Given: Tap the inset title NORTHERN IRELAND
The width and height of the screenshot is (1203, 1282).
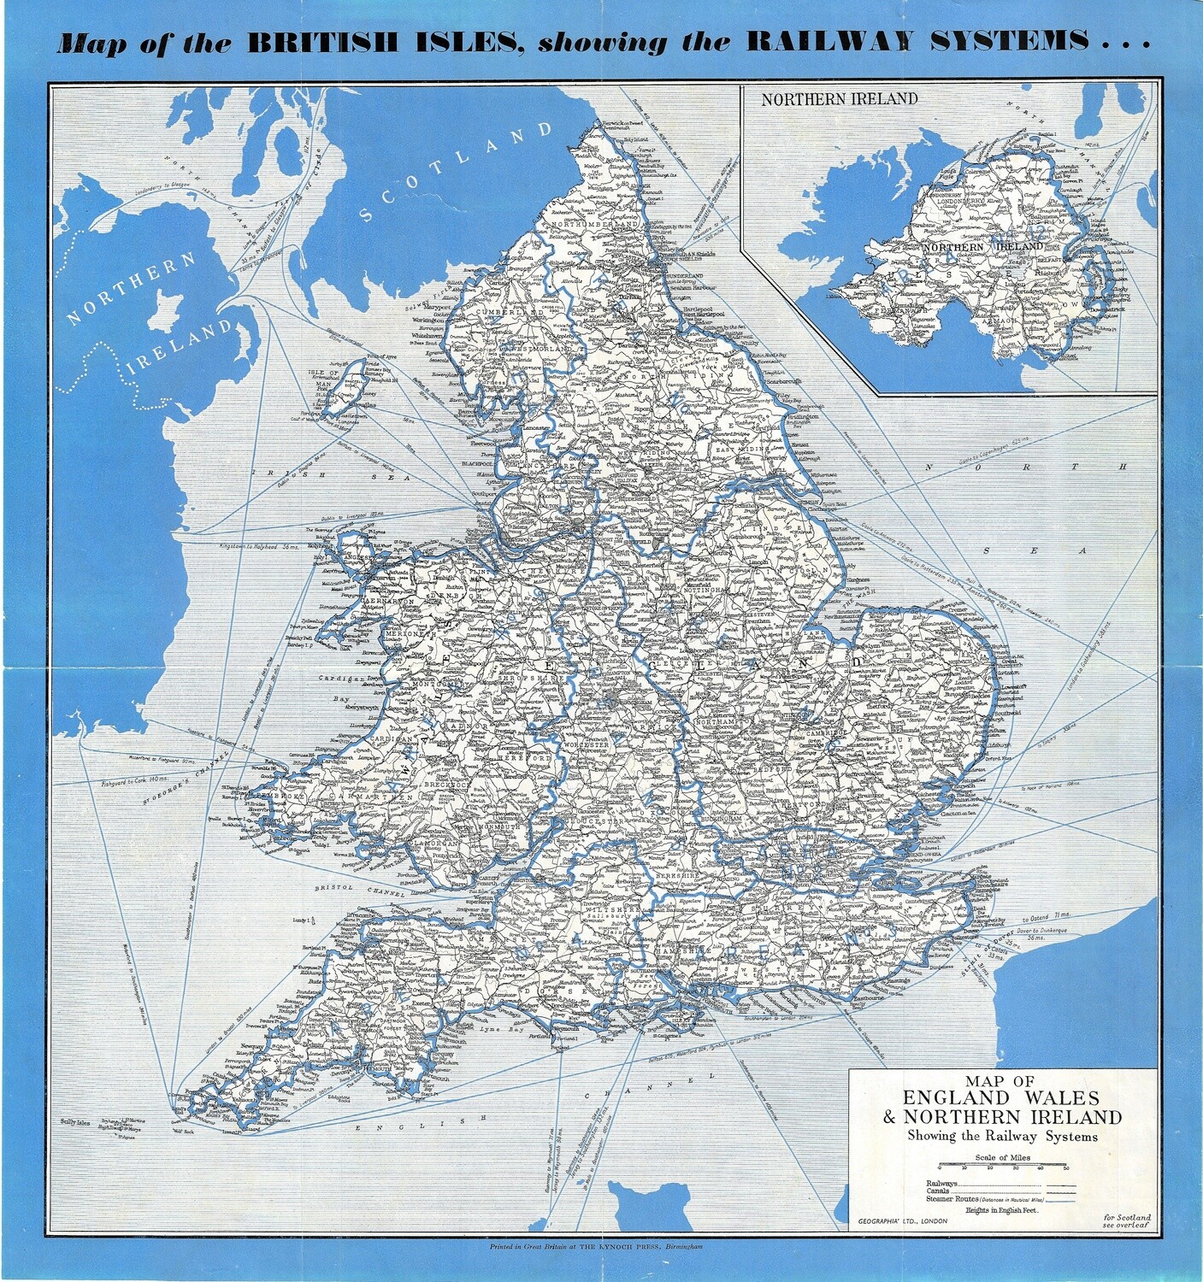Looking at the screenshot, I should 840,98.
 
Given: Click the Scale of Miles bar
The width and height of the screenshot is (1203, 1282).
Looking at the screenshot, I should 1002,1165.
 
